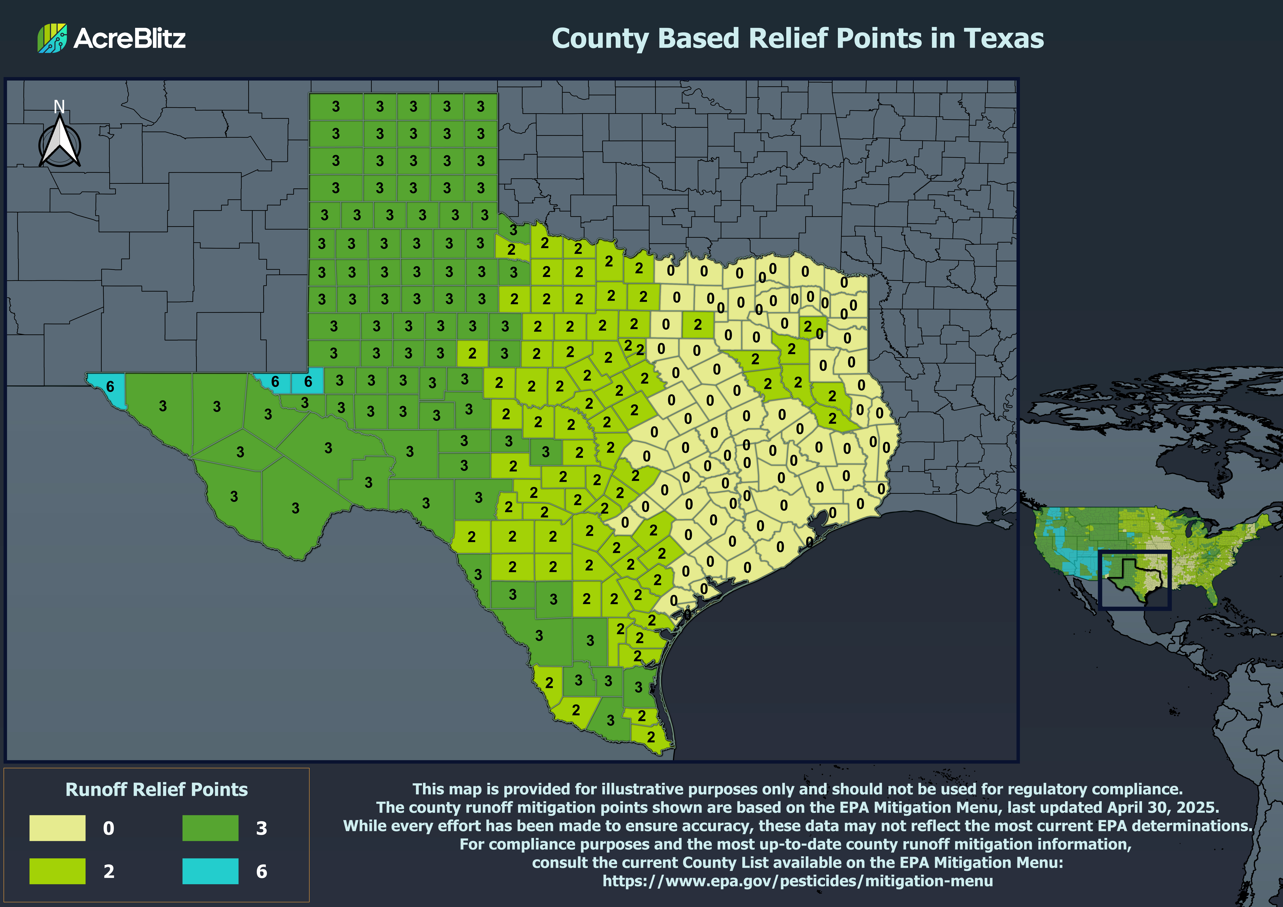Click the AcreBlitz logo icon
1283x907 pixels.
pyautogui.click(x=52, y=38)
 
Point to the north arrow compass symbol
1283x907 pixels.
pyautogui.click(x=60, y=142)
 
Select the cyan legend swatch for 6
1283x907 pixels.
pyautogui.click(x=210, y=871)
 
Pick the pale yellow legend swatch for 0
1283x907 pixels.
pyautogui.click(x=58, y=828)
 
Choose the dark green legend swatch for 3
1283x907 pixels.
pyautogui.click(x=210, y=828)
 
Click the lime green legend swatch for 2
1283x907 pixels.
pyautogui.click(x=58, y=871)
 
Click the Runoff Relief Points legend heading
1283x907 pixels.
pyautogui.click(x=157, y=789)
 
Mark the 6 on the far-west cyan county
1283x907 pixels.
pyautogui.click(x=110, y=386)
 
